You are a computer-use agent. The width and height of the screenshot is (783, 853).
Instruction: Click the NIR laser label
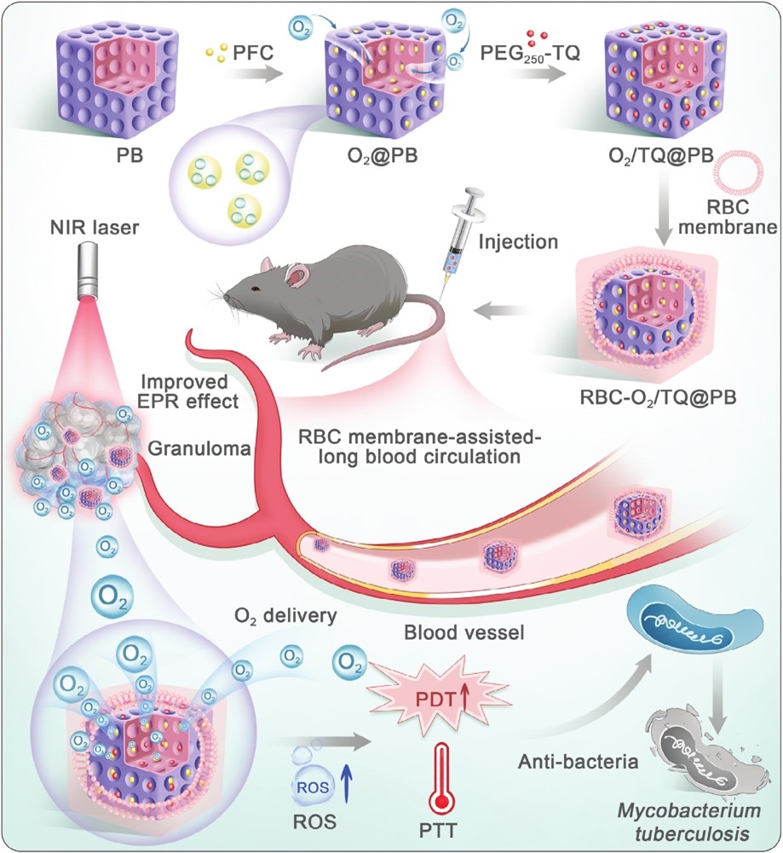pyautogui.click(x=95, y=227)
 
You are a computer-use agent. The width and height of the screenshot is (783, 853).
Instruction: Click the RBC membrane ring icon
pyautogui.click(x=744, y=170)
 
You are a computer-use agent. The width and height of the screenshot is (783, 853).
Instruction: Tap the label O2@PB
pyautogui.click(x=383, y=155)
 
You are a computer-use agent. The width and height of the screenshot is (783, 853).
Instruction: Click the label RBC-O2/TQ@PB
pyautogui.click(x=658, y=396)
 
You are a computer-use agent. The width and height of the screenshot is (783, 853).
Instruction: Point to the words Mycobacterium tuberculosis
pyautogui.click(x=688, y=822)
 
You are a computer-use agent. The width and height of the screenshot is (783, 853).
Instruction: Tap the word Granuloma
pyautogui.click(x=199, y=448)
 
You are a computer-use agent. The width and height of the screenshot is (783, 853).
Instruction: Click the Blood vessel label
pyautogui.click(x=463, y=632)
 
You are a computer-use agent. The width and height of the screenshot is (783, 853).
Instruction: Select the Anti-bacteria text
pyautogui.click(x=578, y=761)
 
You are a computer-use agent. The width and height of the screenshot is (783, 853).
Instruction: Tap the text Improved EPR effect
pyautogui.click(x=189, y=390)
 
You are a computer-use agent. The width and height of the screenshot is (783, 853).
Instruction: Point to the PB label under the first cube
pyautogui.click(x=130, y=155)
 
